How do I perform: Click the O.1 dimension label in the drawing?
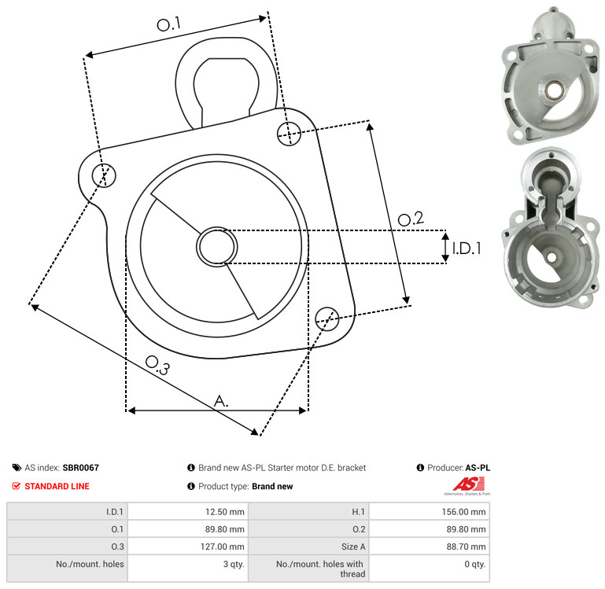pyautogui.click(x=168, y=24)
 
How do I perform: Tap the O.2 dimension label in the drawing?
pyautogui.click(x=411, y=219)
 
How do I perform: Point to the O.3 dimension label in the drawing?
pyautogui.click(x=157, y=365)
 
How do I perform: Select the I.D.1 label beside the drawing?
pyautogui.click(x=467, y=248)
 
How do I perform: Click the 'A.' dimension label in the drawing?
pyautogui.click(x=221, y=401)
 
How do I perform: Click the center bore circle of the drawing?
pyautogui.click(x=217, y=246)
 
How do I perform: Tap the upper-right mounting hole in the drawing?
pyautogui.click(x=289, y=134)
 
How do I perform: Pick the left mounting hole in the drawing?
pyautogui.click(x=104, y=175)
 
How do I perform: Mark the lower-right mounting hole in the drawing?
pyautogui.click(x=327, y=318)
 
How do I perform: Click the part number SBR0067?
pyautogui.click(x=81, y=467)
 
